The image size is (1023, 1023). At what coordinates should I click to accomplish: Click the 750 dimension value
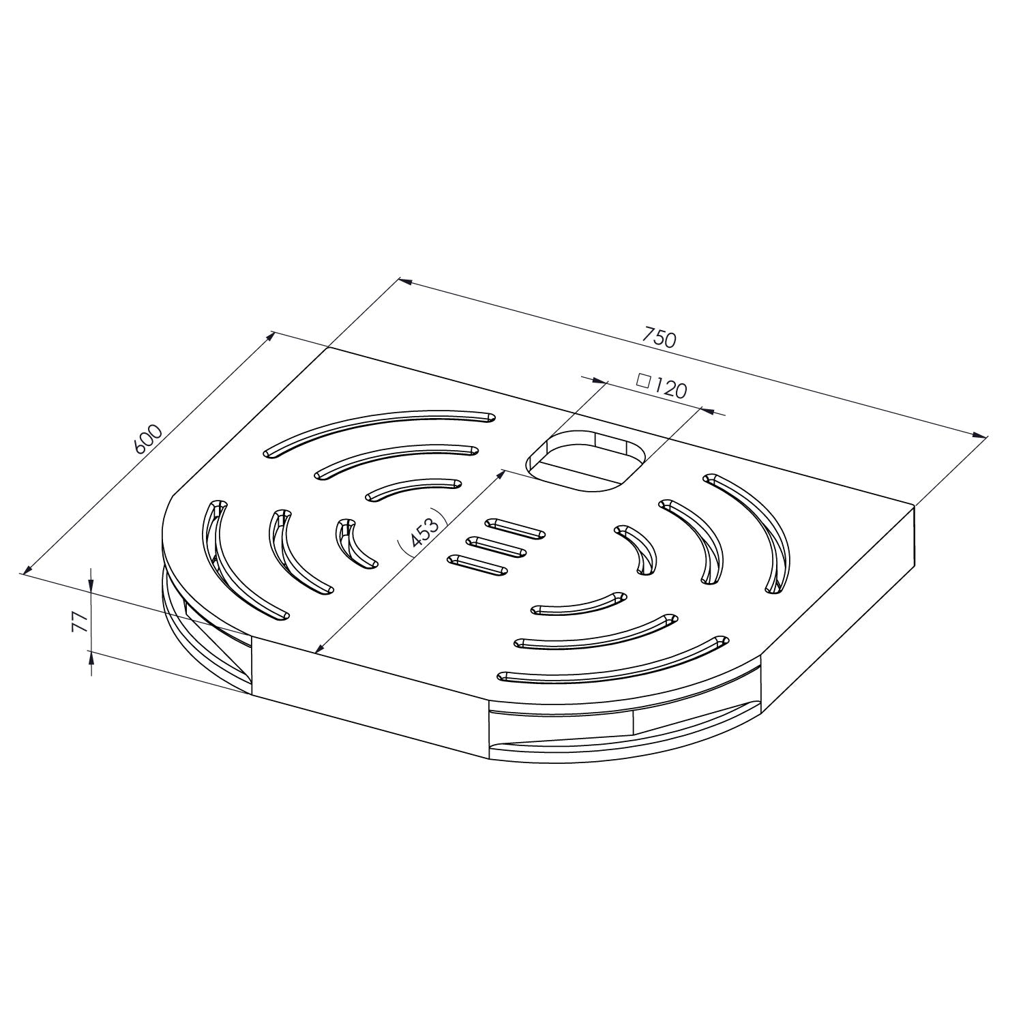[659, 338]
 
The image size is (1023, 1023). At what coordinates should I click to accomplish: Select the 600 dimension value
[148, 439]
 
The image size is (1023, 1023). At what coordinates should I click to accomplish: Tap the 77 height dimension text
[80, 621]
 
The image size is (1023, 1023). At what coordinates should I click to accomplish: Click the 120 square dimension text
[670, 389]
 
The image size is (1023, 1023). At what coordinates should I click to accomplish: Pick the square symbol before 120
[642, 381]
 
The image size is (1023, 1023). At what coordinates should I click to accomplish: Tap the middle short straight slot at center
[496, 546]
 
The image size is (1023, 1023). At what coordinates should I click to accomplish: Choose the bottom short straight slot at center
[477, 563]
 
